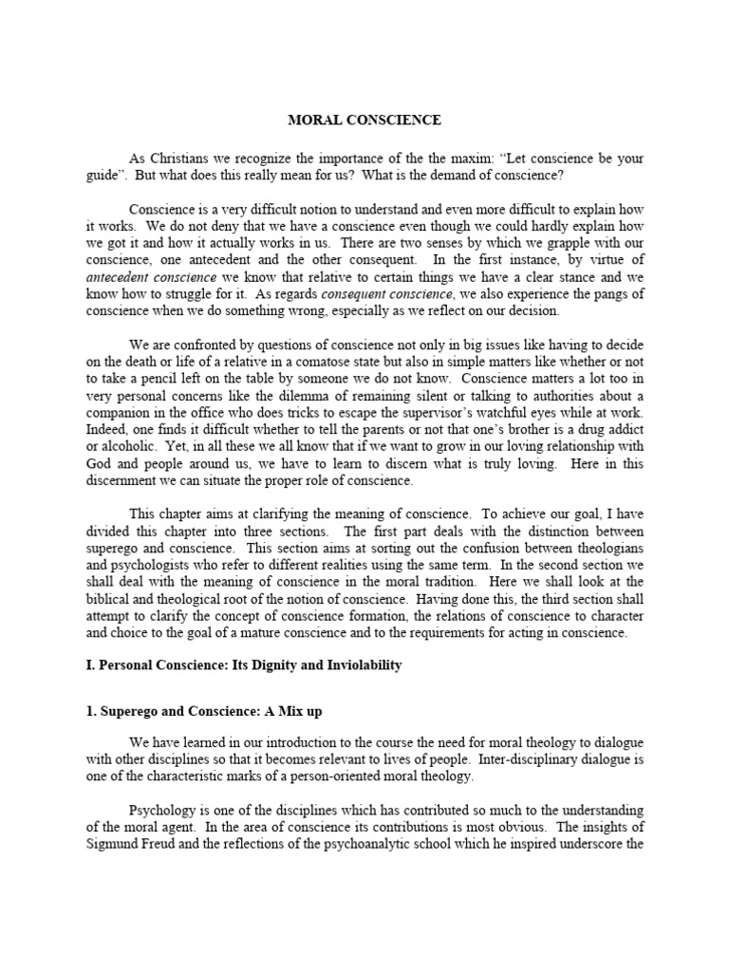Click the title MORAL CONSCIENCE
(364, 120)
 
